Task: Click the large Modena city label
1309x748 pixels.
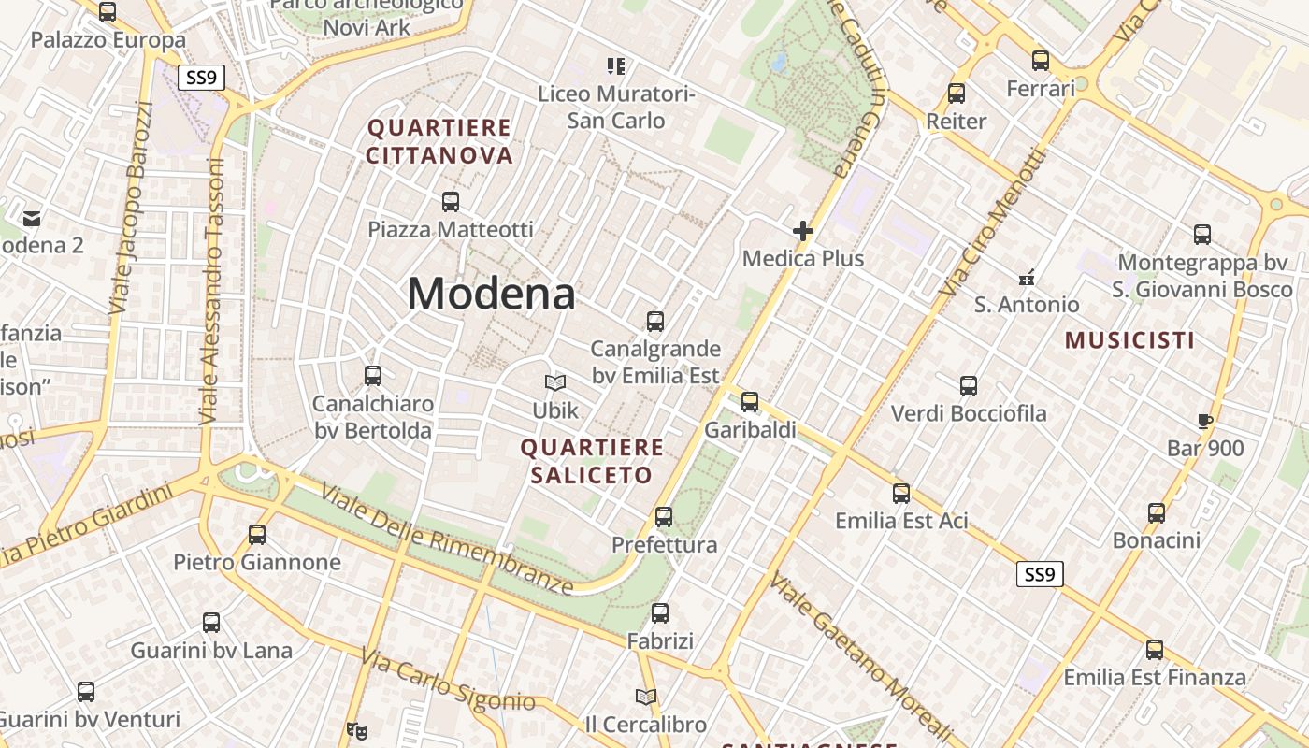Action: (x=491, y=295)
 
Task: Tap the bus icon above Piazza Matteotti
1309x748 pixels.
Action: (x=450, y=201)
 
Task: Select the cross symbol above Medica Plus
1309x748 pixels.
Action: (x=802, y=231)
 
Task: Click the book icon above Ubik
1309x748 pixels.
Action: (x=555, y=382)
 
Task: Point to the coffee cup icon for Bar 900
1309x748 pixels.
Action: (x=1205, y=421)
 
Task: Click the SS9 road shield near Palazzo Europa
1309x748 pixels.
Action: (x=201, y=78)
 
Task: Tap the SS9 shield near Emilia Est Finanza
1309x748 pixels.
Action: (x=1040, y=574)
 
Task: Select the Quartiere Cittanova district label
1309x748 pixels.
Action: (x=439, y=141)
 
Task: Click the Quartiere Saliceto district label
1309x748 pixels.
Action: (x=592, y=461)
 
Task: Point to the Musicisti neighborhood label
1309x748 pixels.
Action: (x=1129, y=340)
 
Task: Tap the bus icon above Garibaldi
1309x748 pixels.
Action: (x=750, y=402)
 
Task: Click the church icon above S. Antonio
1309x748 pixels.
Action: (x=1027, y=278)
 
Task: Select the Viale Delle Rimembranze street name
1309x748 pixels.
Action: (x=447, y=539)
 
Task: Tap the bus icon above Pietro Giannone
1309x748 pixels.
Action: (x=257, y=535)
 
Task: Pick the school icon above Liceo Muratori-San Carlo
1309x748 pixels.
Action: (x=615, y=66)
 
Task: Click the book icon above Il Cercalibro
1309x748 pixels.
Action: (x=645, y=697)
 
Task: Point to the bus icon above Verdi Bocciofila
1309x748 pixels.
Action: (x=969, y=385)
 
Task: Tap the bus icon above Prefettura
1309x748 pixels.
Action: (x=664, y=516)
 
